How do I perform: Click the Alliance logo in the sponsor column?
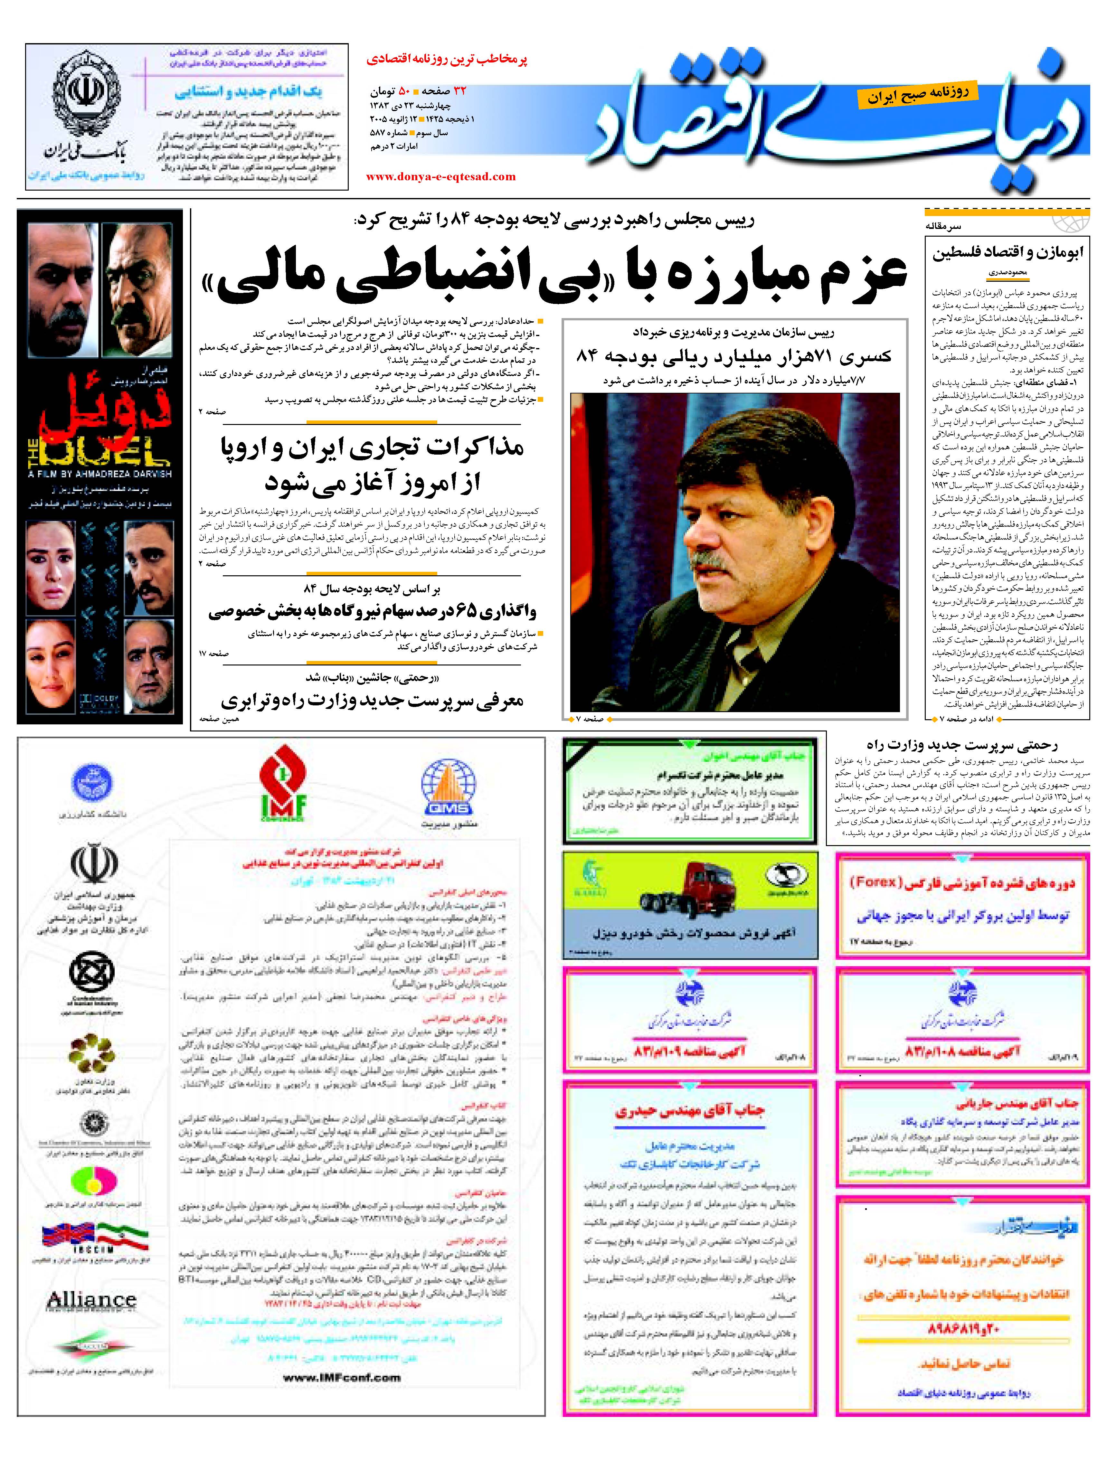pos(91,1300)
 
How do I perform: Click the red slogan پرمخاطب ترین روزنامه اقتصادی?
pos(447,60)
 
